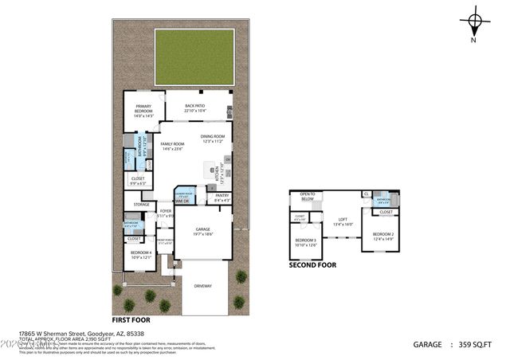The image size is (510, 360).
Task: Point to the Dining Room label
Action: [x=213, y=139]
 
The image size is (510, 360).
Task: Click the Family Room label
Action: [x=173, y=146]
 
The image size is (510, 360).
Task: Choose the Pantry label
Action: [x=222, y=197]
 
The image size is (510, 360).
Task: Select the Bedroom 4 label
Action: [x=140, y=254]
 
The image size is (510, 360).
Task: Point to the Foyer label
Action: [x=165, y=213]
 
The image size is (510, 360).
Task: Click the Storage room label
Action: [x=142, y=205]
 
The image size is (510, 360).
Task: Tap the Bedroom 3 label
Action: [x=306, y=241]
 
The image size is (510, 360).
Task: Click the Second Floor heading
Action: [x=312, y=265]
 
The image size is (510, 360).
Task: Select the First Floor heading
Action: [x=132, y=319]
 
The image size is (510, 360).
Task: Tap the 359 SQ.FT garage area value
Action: [x=477, y=345]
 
